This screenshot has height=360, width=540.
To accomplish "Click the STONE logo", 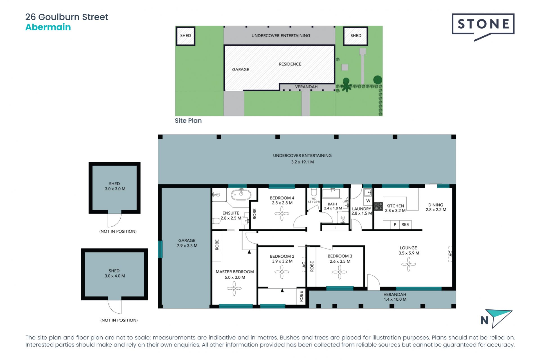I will coord(483,24).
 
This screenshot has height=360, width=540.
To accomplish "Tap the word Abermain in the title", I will coord(48,27).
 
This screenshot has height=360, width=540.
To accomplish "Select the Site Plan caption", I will coord(188,121).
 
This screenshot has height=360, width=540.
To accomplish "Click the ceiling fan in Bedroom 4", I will coord(282,214).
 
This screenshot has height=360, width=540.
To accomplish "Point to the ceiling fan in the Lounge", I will coord(408,264).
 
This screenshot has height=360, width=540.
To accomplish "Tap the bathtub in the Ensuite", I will coord(241,194).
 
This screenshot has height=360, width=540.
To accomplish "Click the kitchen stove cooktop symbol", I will coord(379,206).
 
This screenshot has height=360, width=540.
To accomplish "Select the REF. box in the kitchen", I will coord(405,224).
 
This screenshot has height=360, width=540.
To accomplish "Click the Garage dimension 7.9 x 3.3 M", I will coord(187,246).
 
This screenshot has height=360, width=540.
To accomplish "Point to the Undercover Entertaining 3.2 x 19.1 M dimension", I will coord(302,162).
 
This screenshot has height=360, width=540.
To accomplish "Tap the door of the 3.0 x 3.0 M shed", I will coord(114,220).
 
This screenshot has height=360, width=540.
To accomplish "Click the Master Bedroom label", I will coord(235,272).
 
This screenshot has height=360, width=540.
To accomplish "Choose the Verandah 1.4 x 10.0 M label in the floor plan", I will coord(395,297).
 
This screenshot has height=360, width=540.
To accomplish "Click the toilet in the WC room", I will coord(314,192).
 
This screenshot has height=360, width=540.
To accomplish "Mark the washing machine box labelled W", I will coord(368,201).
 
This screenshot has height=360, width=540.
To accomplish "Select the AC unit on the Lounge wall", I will coord(450,254).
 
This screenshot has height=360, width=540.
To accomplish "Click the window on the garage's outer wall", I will coord(160,249).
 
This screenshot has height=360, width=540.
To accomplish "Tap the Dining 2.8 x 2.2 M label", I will coord(436,207).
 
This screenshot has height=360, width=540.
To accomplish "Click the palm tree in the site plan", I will coord(346,86).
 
